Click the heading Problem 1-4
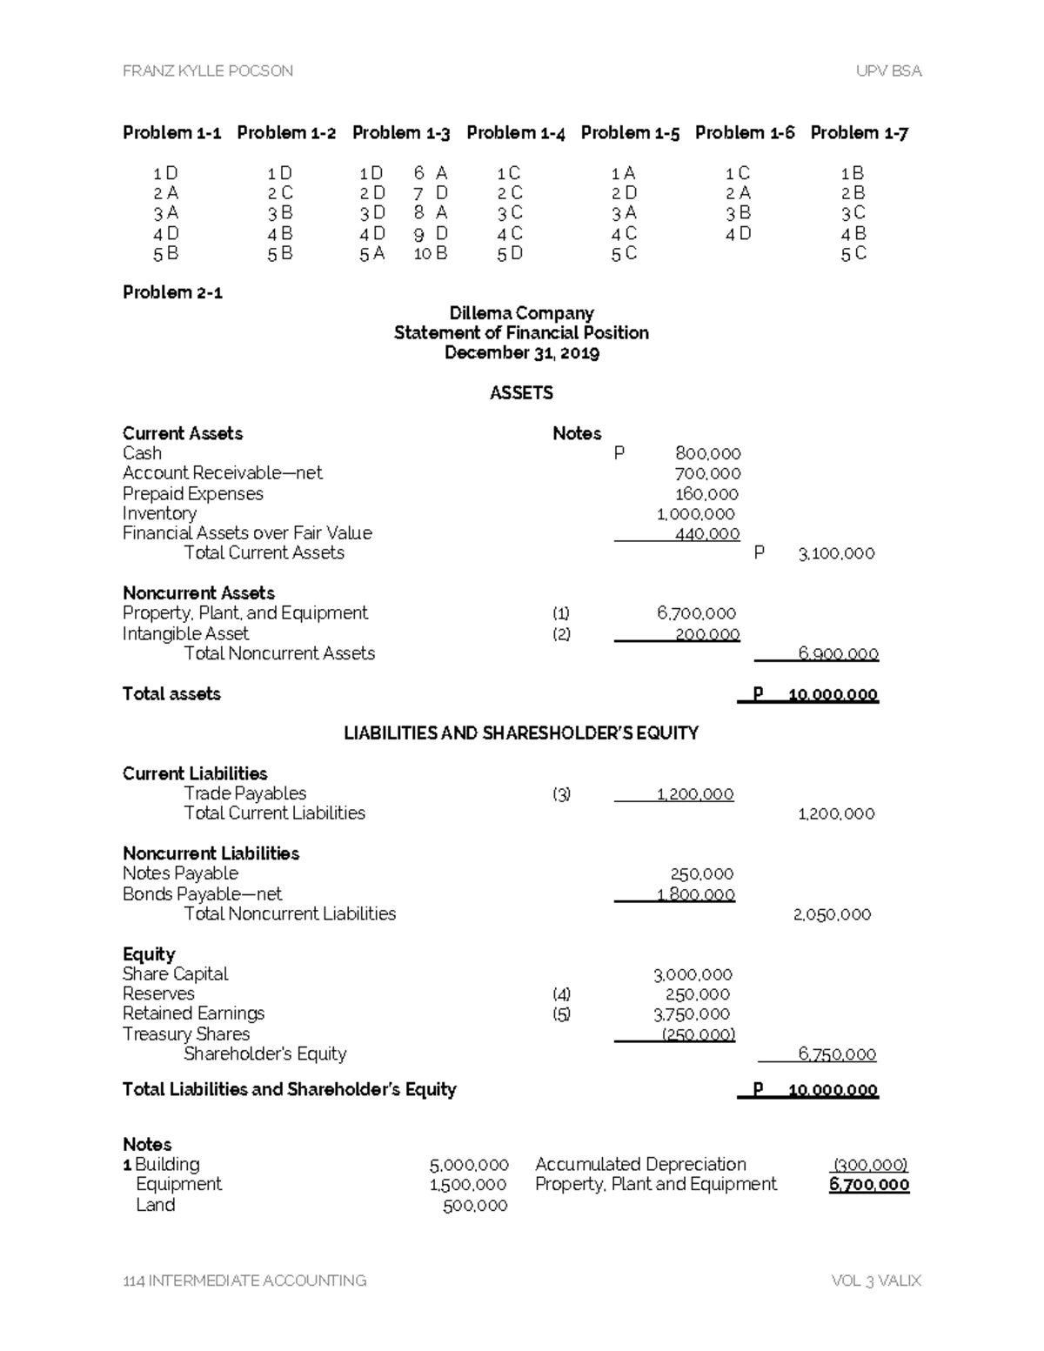click(515, 133)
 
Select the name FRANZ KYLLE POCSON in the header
click(208, 71)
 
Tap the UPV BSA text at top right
click(888, 71)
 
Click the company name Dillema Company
click(521, 313)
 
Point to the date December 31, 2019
click(521, 353)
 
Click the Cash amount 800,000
click(707, 453)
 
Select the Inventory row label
click(159, 513)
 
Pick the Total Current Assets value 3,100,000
click(835, 553)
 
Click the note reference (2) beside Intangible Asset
click(561, 634)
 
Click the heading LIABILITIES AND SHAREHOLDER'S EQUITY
click(521, 733)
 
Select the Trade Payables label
click(244, 793)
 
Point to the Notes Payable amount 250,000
click(701, 874)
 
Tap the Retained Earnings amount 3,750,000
click(692, 1014)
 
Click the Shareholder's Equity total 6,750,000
click(836, 1054)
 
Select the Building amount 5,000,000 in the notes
click(468, 1165)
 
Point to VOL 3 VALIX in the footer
click(875, 1281)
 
